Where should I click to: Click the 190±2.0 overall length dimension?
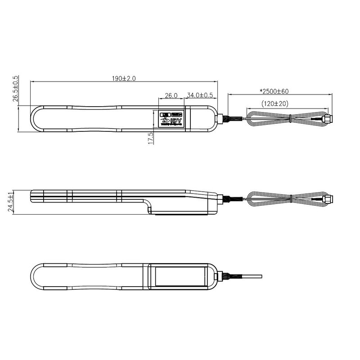pyautogui.click(x=124, y=78)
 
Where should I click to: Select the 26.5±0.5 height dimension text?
pyautogui.click(x=15, y=90)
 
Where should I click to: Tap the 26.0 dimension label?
pyautogui.click(x=171, y=95)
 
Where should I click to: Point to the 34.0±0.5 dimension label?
pyautogui.click(x=199, y=95)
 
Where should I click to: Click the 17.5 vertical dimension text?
pyautogui.click(x=151, y=138)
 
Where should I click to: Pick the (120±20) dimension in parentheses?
pyautogui.click(x=275, y=103)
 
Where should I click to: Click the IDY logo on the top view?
pyautogui.click(x=171, y=121)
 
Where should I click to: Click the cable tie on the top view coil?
pyautogui.click(x=292, y=119)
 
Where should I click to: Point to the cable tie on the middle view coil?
pyautogui.click(x=292, y=198)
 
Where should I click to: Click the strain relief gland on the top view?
pyautogui.click(x=221, y=119)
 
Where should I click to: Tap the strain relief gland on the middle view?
pyautogui.click(x=221, y=198)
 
